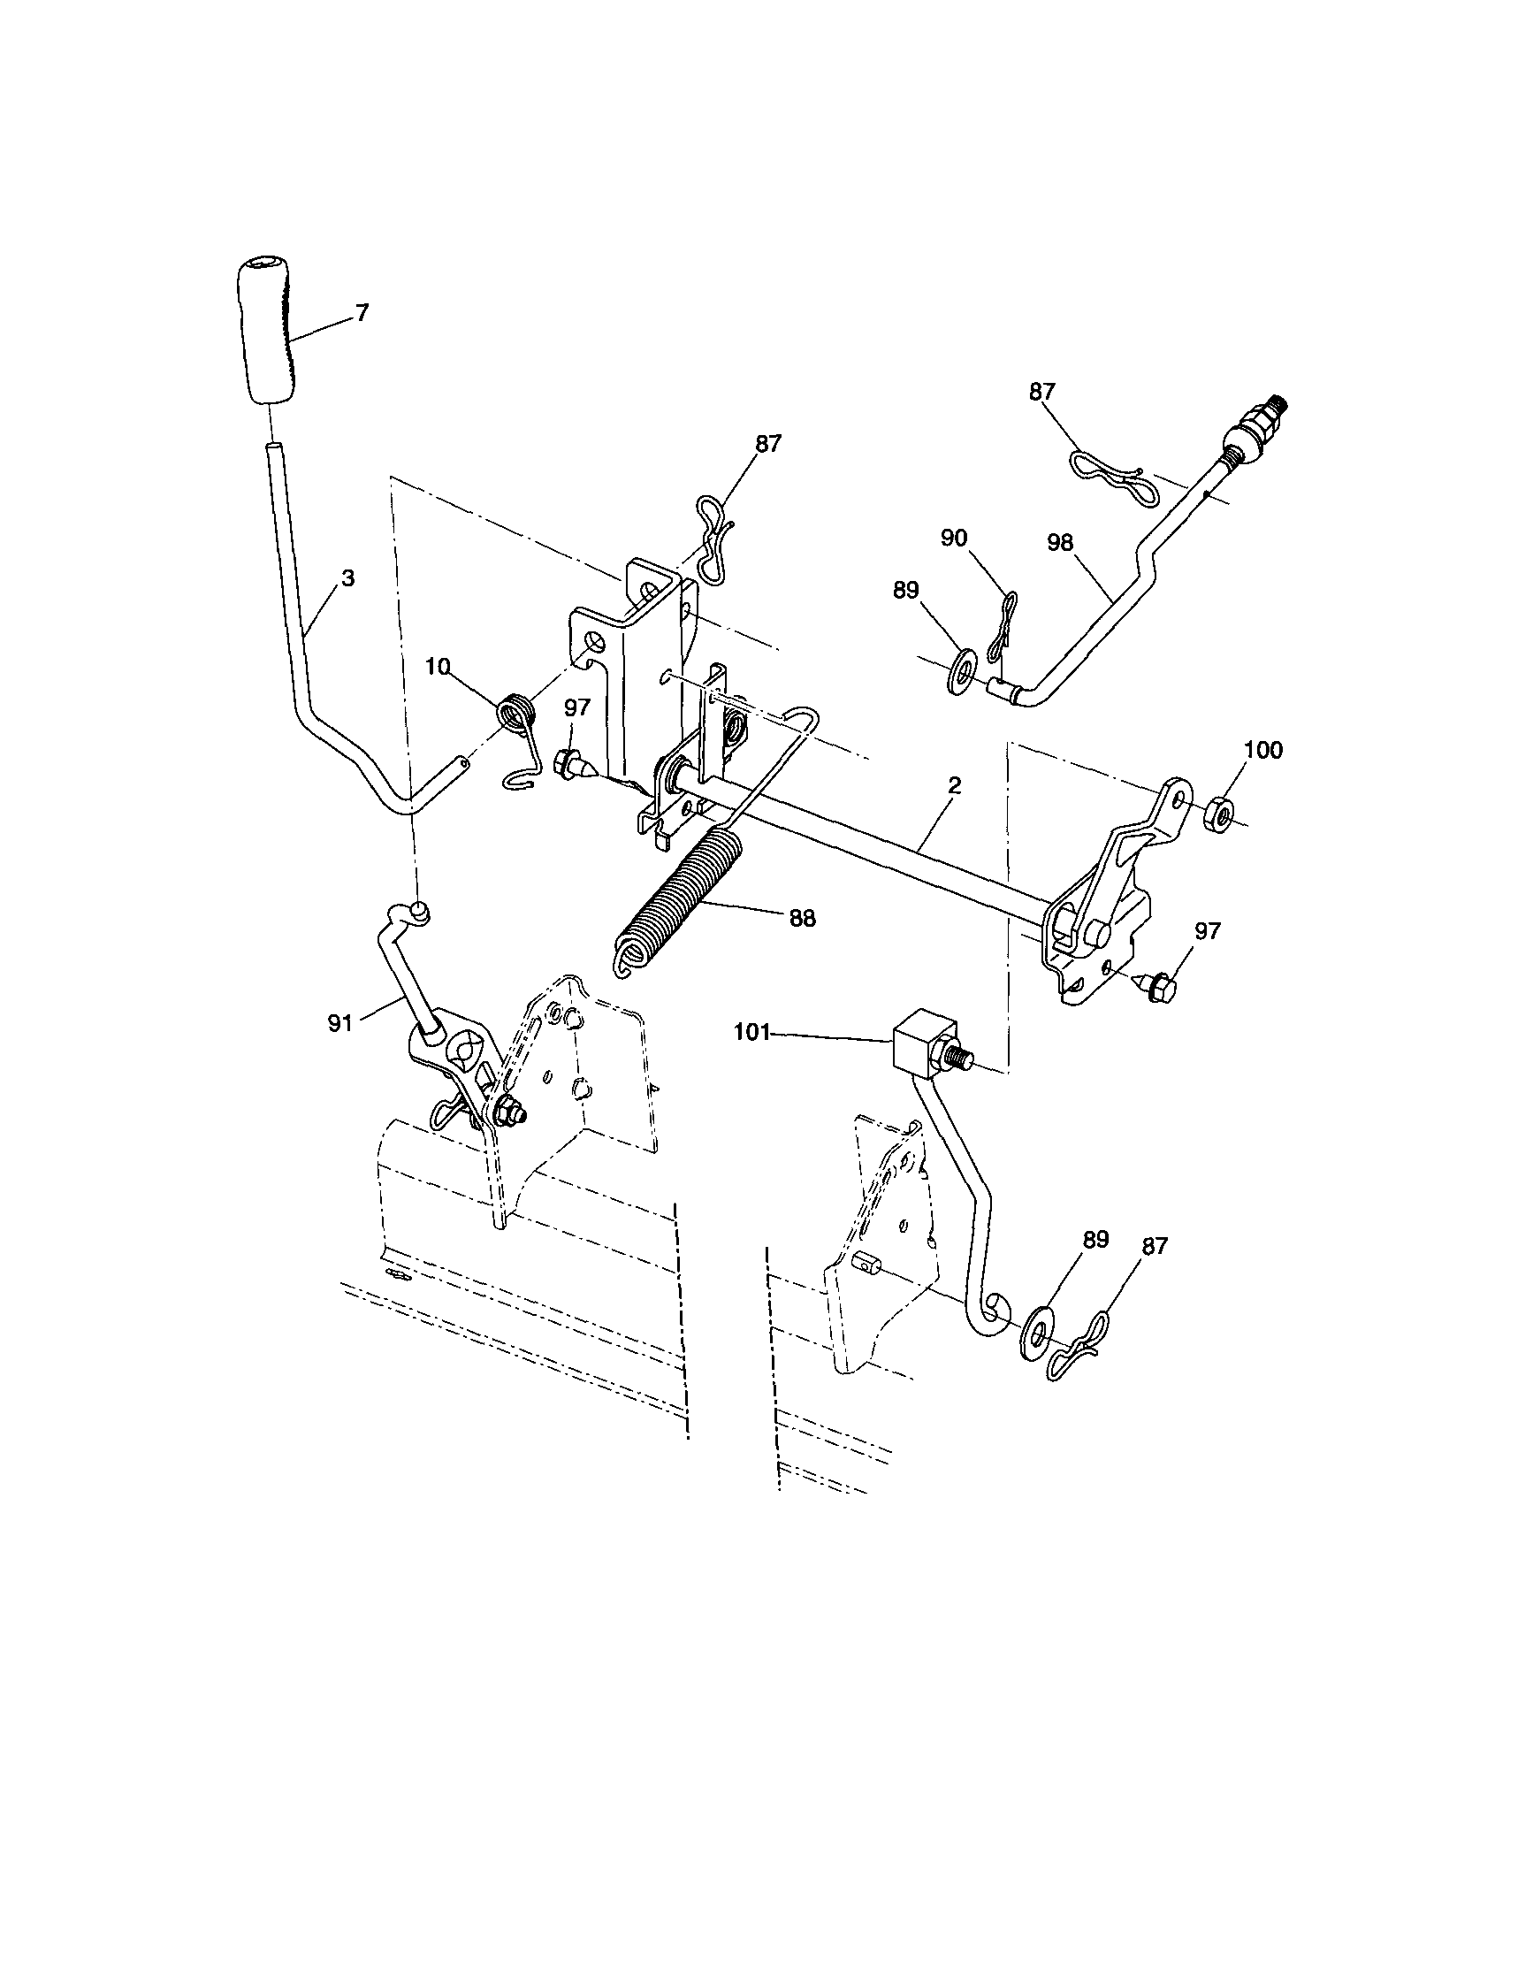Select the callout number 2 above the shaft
[954, 784]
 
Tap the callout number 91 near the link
[339, 1024]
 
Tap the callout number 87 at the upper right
[1041, 391]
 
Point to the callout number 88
[802, 918]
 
